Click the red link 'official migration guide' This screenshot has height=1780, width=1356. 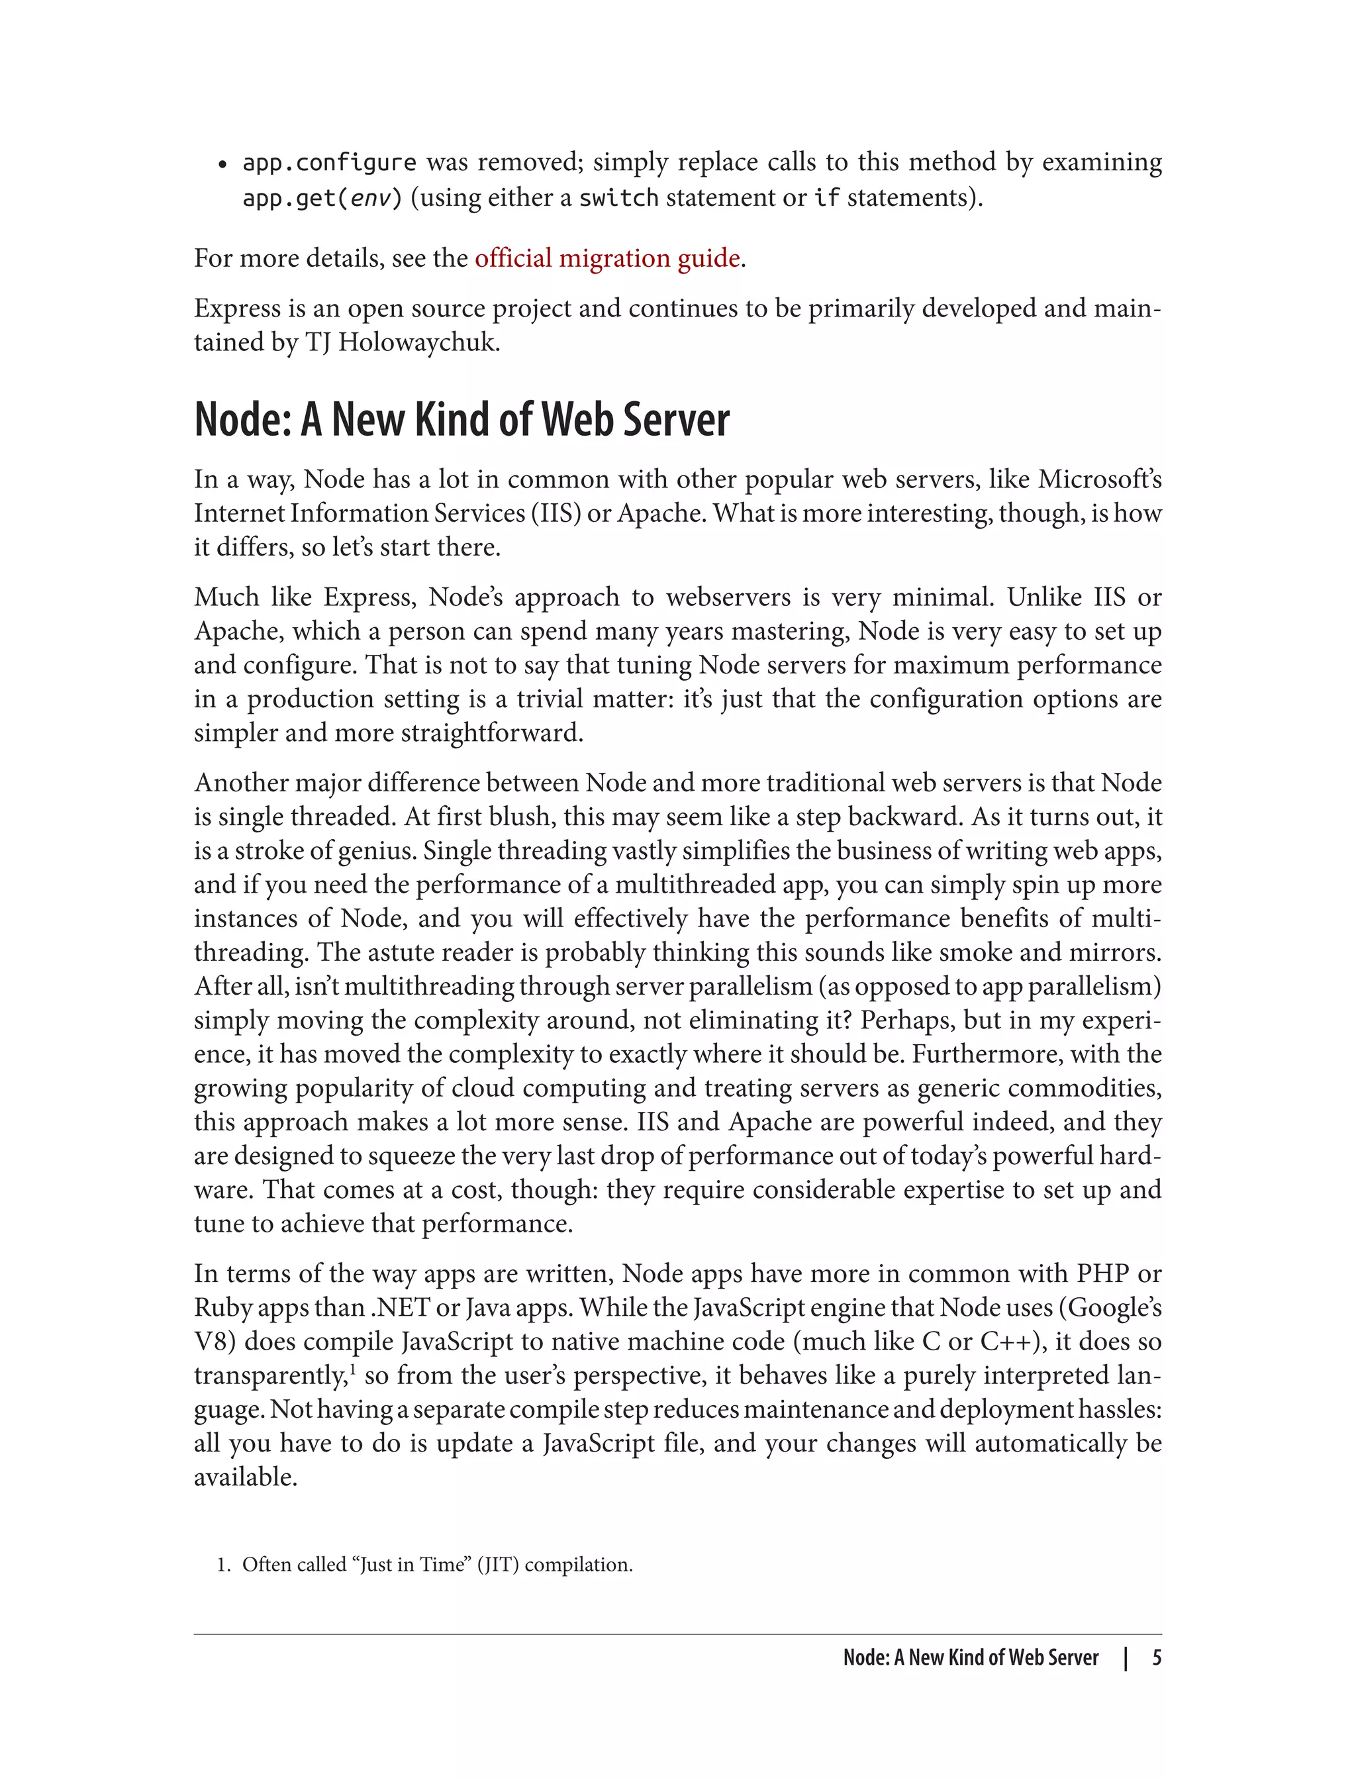607,258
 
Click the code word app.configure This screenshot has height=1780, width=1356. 329,163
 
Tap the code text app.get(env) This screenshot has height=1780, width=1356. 321,198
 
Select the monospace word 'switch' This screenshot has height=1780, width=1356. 618,198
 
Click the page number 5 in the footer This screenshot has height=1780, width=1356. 1157,1657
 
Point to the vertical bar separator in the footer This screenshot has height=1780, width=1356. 1125,1658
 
